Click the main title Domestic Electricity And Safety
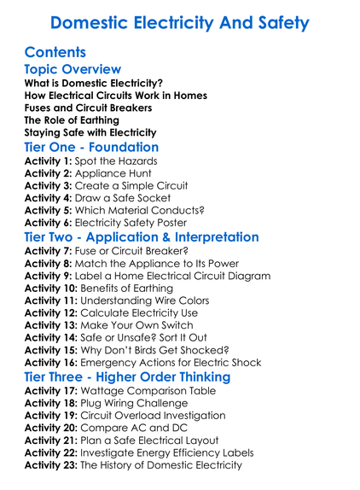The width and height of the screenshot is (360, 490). pos(179,22)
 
